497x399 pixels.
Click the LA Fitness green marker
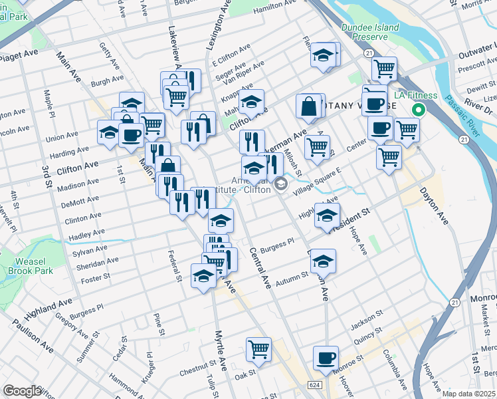pos(419,110)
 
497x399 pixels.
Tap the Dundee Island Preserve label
pos(370,32)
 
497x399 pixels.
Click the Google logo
pos(22,391)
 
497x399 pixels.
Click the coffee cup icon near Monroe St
pos(326,357)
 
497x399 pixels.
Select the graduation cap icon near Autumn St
pos(323,261)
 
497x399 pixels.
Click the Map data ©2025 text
pos(468,394)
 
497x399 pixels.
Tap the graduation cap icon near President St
pos(327,215)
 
